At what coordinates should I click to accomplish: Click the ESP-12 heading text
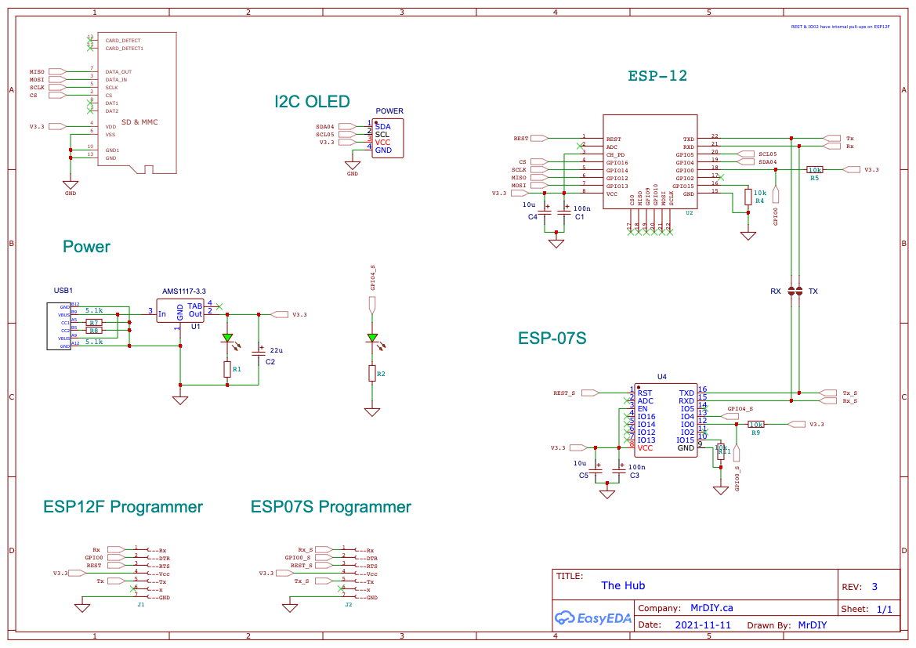point(657,76)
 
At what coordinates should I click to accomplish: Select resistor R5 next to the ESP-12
point(815,169)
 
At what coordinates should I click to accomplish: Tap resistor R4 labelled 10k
point(748,197)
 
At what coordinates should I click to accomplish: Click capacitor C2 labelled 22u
point(259,353)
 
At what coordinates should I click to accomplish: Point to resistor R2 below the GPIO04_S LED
point(372,374)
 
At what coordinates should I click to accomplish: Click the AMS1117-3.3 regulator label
point(185,291)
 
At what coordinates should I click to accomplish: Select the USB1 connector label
point(63,291)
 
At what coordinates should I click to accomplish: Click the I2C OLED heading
point(312,102)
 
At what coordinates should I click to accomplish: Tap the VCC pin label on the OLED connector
point(382,142)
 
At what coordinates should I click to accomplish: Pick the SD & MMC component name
point(139,122)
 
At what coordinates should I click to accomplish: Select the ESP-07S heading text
point(552,338)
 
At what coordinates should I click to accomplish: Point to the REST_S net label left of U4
point(564,393)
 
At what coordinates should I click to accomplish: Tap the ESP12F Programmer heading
point(123,507)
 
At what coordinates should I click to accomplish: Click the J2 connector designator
point(349,605)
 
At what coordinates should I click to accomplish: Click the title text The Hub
point(623,585)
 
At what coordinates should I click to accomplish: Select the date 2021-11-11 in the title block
point(702,625)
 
